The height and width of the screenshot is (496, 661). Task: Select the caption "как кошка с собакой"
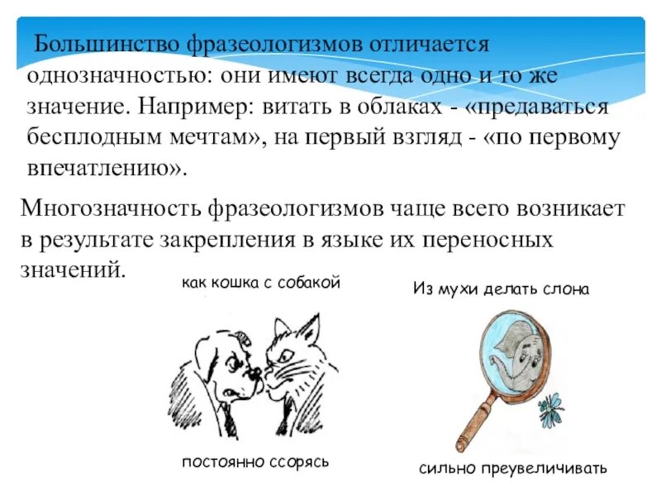[261, 284]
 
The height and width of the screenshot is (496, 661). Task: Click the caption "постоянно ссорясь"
[255, 461]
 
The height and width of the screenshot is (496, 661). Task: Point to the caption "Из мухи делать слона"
[500, 290]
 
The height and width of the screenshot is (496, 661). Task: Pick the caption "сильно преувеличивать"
[512, 469]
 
